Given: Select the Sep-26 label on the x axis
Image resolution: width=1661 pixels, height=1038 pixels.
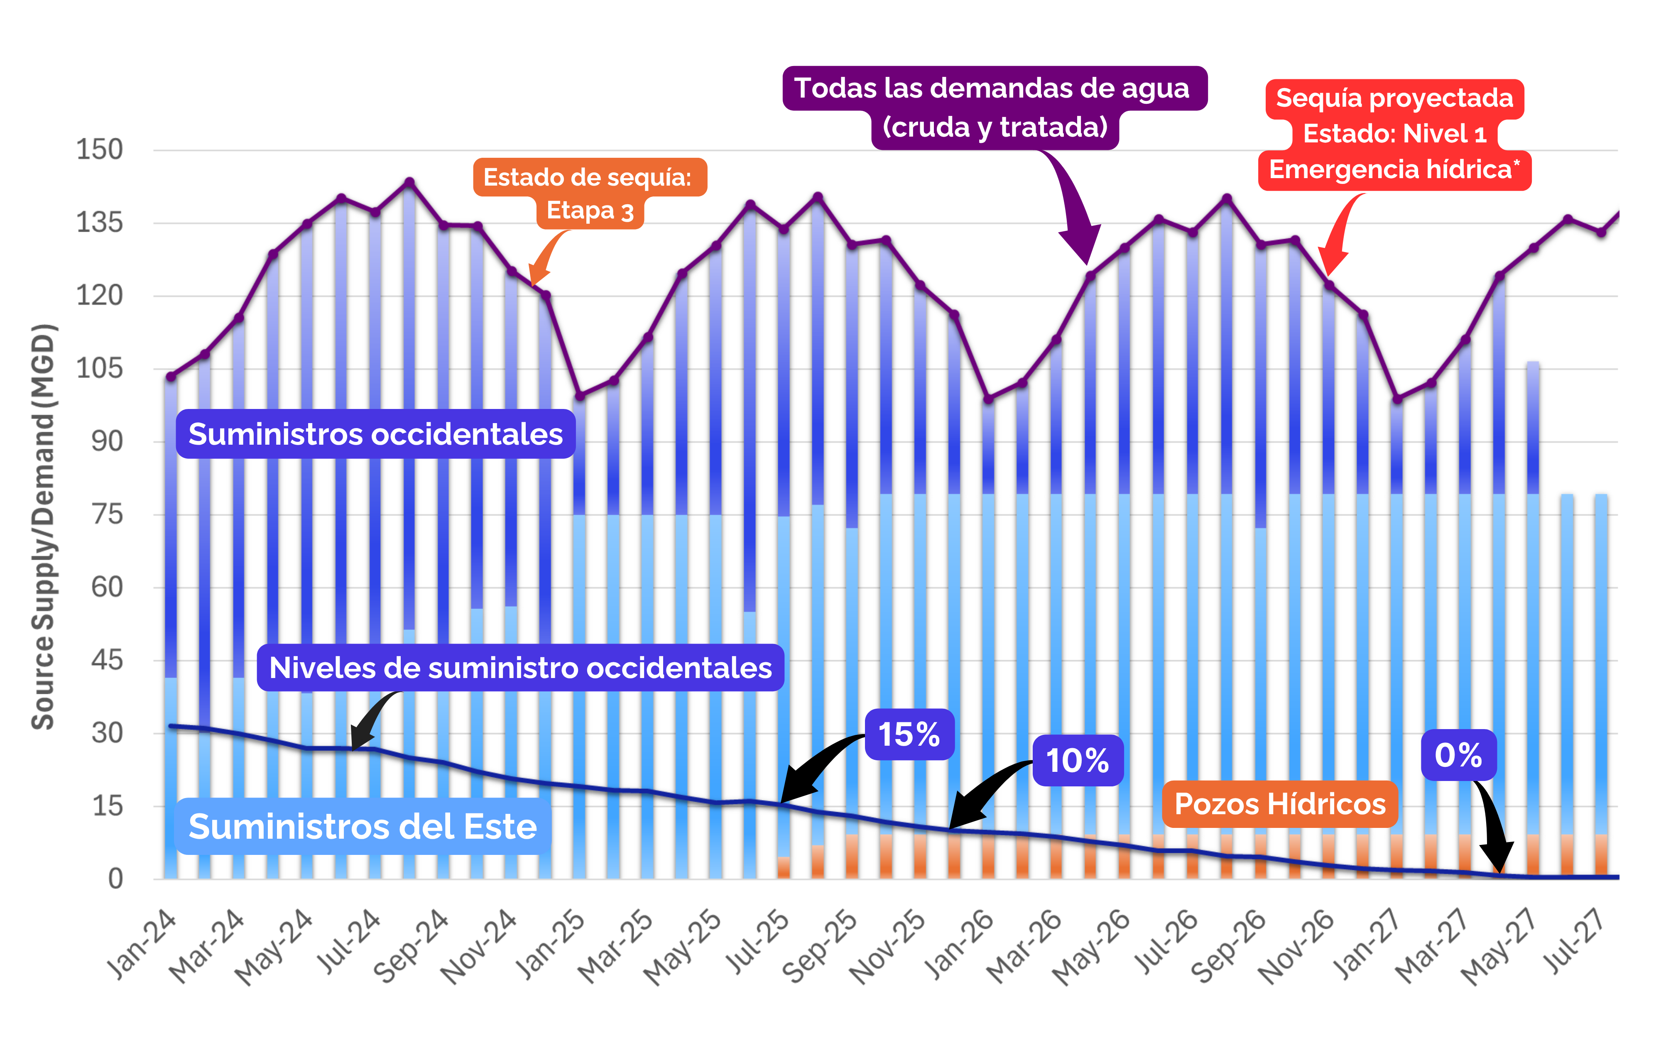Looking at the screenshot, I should pyautogui.click(x=1229, y=946).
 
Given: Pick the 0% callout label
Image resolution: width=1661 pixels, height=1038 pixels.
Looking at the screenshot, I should pyautogui.click(x=1458, y=755).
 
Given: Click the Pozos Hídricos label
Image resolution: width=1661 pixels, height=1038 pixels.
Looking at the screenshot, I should pyautogui.click(x=1280, y=804).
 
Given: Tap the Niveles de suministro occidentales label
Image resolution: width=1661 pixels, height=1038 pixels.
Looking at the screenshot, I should pyautogui.click(x=520, y=667).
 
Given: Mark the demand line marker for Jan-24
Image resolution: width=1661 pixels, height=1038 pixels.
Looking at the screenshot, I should pyautogui.click(x=171, y=376).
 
